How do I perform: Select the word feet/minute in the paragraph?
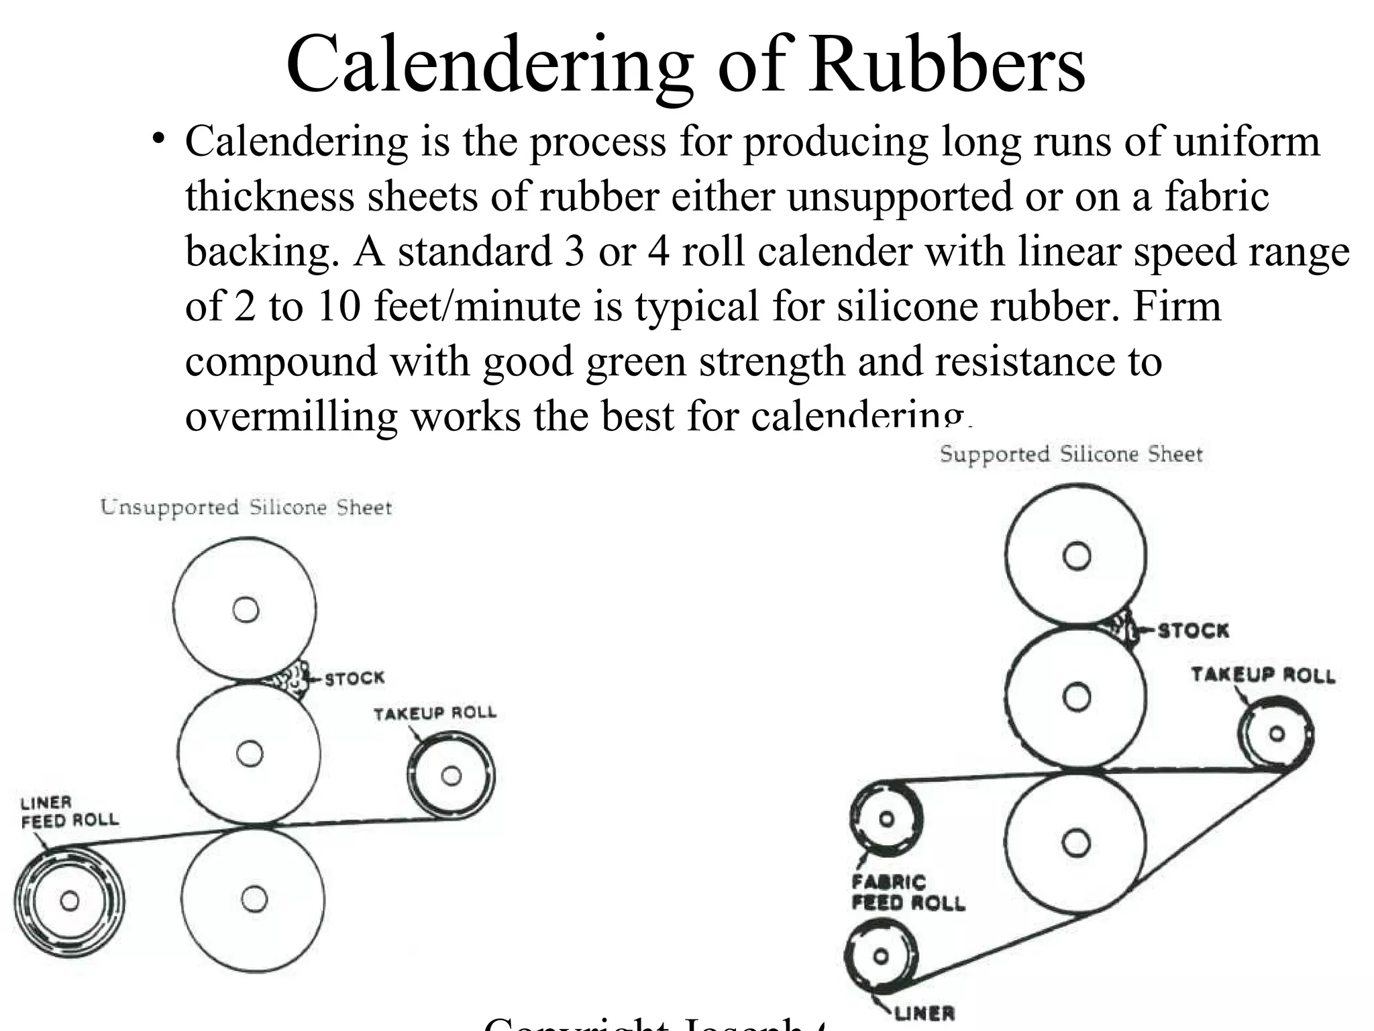click(x=476, y=305)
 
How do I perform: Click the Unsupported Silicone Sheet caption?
click(x=246, y=507)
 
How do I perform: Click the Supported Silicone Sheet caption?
click(x=1071, y=454)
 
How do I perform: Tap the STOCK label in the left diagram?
click(x=355, y=678)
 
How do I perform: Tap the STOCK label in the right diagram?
click(x=1194, y=630)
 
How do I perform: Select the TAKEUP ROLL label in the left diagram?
click(x=435, y=713)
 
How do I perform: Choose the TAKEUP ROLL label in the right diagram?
click(x=1263, y=675)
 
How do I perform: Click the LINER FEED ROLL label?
click(x=69, y=811)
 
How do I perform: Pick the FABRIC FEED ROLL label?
click(x=908, y=892)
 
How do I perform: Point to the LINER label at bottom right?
click(x=924, y=1013)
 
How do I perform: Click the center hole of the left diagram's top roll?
click(x=246, y=609)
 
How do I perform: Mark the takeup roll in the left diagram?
click(x=451, y=776)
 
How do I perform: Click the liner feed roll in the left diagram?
click(x=69, y=900)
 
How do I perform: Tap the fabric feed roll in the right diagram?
click(x=886, y=819)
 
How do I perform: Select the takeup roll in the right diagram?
click(x=1276, y=734)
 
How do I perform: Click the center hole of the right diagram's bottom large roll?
click(x=1076, y=842)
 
